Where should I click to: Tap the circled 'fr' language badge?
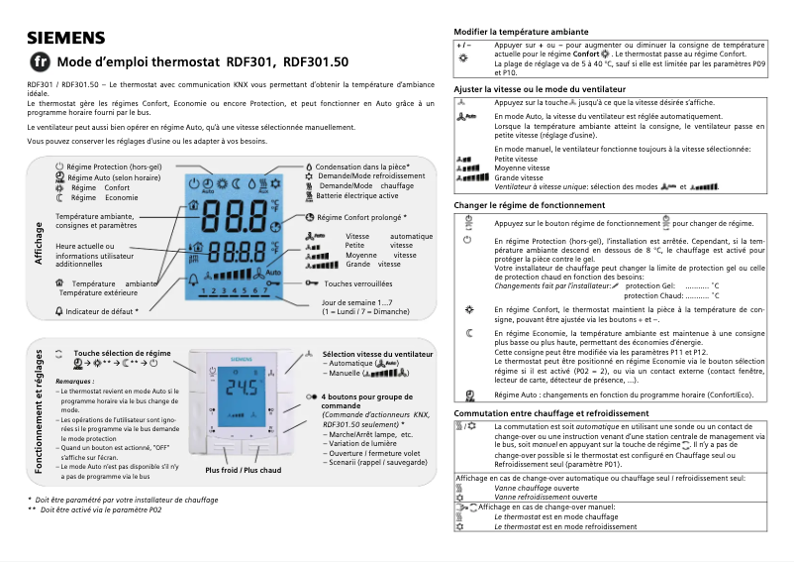pyautogui.click(x=41, y=61)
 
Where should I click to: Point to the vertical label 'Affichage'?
pyautogui.click(x=39, y=243)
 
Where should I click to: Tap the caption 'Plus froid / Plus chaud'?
pyautogui.click(x=243, y=470)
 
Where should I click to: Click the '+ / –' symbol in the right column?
pyautogui.click(x=462, y=46)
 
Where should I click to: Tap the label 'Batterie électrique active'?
pyautogui.click(x=366, y=195)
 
